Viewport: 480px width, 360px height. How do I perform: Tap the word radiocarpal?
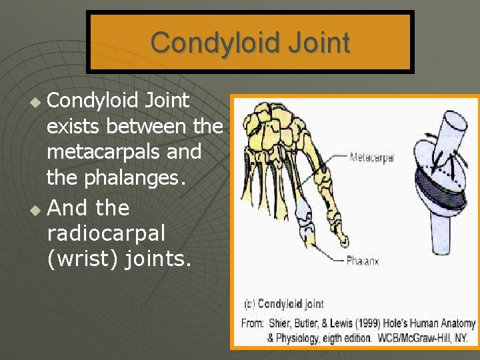106,233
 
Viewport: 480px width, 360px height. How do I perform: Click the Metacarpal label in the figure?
372,158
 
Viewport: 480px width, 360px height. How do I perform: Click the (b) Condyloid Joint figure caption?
283,304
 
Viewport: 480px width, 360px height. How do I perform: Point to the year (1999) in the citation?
367,324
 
